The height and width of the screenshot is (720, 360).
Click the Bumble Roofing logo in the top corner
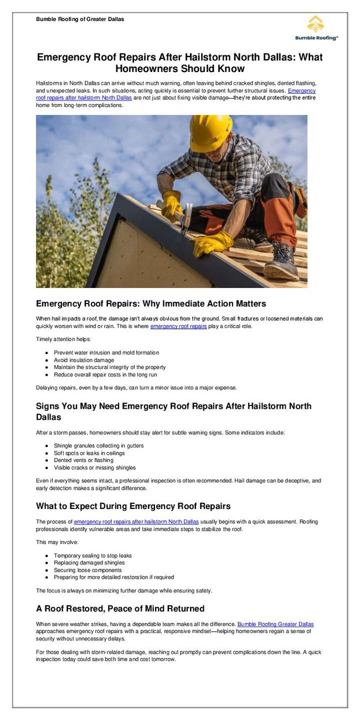pyautogui.click(x=316, y=28)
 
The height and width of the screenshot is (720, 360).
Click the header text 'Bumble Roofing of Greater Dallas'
pyautogui.click(x=80, y=19)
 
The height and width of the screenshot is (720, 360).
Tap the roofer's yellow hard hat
pyautogui.click(x=210, y=133)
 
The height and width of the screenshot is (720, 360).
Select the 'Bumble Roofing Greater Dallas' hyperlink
pyautogui.click(x=275, y=624)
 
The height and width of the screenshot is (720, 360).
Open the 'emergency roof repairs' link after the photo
pyautogui.click(x=178, y=326)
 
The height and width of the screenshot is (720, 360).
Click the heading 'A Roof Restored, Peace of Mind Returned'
pyautogui.click(x=120, y=609)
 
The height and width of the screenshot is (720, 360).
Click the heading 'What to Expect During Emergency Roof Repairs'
pyautogui.click(x=133, y=506)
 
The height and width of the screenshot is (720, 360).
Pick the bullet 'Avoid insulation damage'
pyautogui.click(x=84, y=360)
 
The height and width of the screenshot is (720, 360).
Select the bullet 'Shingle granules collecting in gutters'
pyautogui.click(x=99, y=446)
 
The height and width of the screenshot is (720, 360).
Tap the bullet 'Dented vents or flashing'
pyautogui.click(x=84, y=460)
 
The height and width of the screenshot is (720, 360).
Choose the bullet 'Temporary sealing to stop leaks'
pyautogui.click(x=92, y=556)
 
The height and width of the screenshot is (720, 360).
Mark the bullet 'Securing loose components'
pyautogui.click(x=88, y=570)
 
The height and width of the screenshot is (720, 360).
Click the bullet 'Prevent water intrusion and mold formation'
pyautogui.click(x=106, y=353)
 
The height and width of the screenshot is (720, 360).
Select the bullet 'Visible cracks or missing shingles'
pyautogui.click(x=95, y=467)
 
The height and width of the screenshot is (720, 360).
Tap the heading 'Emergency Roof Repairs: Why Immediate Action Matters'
pyautogui.click(x=151, y=304)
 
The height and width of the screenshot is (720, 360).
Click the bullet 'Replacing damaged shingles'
pyautogui.click(x=89, y=563)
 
